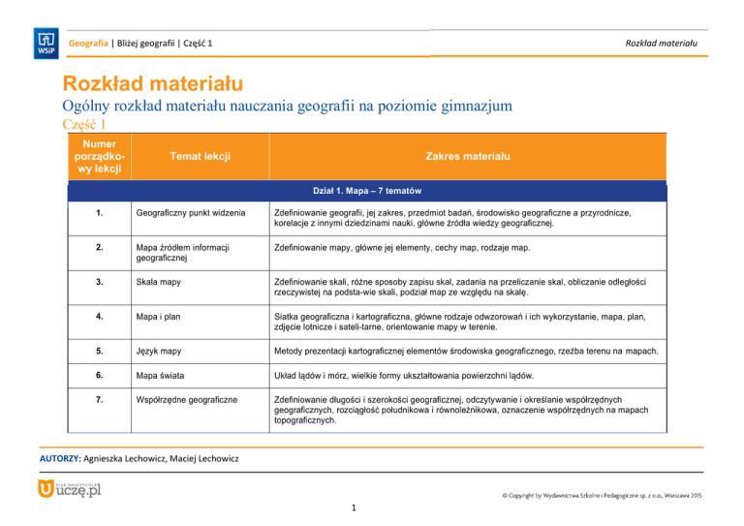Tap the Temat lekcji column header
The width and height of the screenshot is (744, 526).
[201, 155]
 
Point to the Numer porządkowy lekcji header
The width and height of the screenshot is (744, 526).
[96, 155]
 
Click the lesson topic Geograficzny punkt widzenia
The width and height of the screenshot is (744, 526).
[190, 212]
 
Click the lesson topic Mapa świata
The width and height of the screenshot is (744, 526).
[162, 374]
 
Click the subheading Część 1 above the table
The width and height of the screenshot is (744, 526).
[82, 125]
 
